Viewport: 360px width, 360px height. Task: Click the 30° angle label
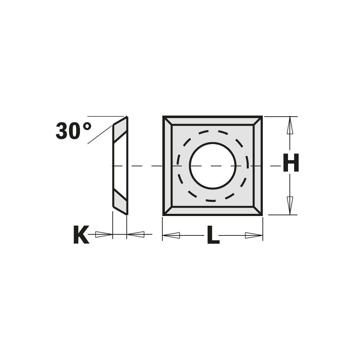[x=73, y=131]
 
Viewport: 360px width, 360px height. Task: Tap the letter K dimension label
[x=81, y=235]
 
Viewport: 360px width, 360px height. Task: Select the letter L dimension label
[x=213, y=235]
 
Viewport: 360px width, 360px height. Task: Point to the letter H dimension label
[x=291, y=163]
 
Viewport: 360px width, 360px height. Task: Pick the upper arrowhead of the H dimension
[x=290, y=125]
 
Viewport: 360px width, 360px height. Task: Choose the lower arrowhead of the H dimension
[x=290, y=206]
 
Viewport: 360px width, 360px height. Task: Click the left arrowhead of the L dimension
[x=171, y=235]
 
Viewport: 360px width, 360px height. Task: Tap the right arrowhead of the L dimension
[x=254, y=235]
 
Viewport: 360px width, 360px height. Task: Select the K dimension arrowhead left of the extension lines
[x=104, y=234]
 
